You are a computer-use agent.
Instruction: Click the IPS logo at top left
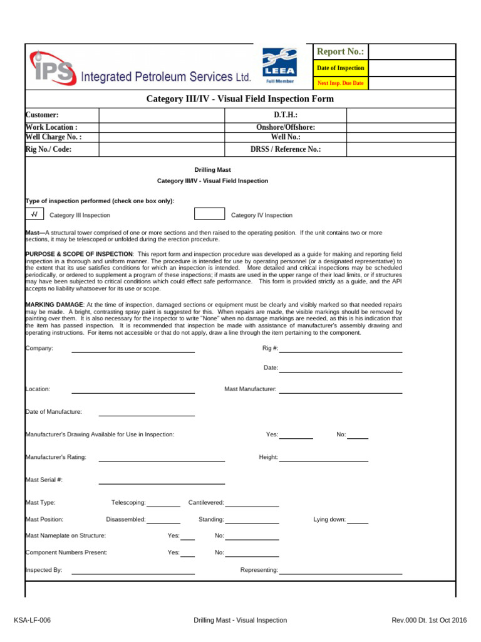[x=51, y=68]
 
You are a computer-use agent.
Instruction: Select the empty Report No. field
[x=413, y=51]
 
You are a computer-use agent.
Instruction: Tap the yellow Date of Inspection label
[x=340, y=68]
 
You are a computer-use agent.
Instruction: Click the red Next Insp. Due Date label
[x=340, y=83]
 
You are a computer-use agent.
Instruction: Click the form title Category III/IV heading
[x=240, y=99]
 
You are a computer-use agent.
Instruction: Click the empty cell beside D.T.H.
[x=401, y=115]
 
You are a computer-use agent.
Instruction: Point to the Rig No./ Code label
[x=48, y=149]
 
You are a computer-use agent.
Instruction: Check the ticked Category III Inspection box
[x=34, y=214]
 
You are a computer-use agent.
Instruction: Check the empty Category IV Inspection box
[x=209, y=214]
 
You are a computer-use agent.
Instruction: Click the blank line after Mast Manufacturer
[x=340, y=389]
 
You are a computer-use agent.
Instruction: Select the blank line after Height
[x=323, y=458]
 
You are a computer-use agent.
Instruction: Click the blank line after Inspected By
[x=133, y=571]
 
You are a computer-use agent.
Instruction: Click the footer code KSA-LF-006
[x=33, y=620]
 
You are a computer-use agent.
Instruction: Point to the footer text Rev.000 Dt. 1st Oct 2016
[x=429, y=620]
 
